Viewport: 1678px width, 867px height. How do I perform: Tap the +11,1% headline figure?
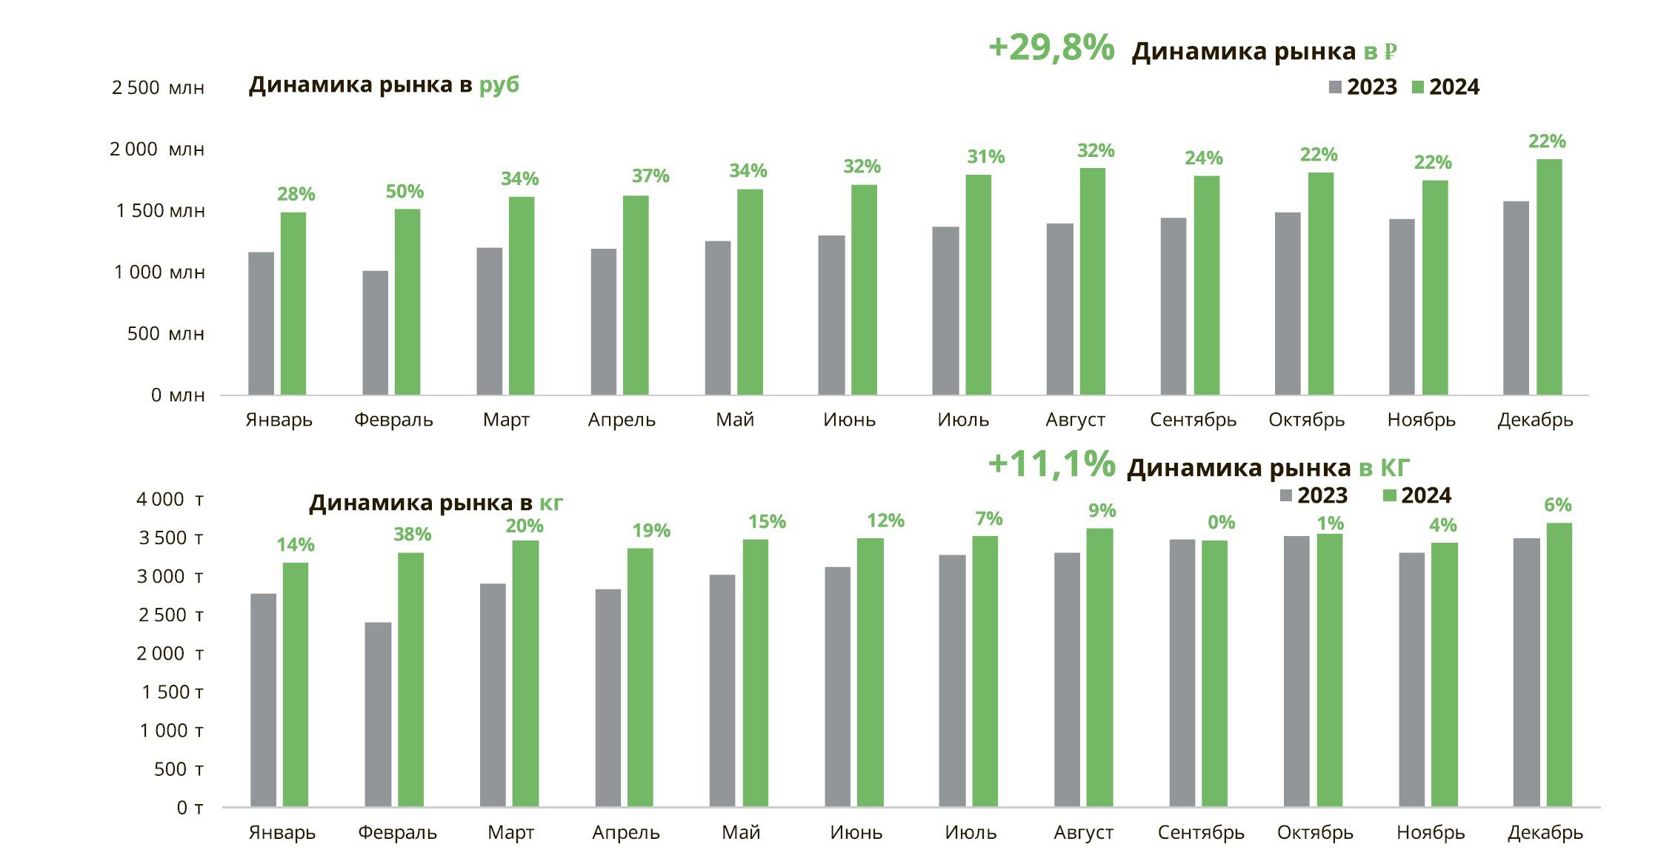coord(1051,464)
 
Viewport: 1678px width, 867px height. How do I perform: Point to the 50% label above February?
coord(404,192)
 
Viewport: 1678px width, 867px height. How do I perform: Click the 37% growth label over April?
coord(650,176)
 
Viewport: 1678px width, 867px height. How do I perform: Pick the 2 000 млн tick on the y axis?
coord(156,150)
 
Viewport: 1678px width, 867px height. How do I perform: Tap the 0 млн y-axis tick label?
coord(178,395)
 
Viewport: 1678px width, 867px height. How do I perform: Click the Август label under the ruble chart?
coord(1075,420)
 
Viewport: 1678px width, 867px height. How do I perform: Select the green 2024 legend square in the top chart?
coord(1418,87)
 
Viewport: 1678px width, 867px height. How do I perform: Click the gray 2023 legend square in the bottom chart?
coord(1286,495)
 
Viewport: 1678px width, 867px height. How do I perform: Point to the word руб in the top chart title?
coord(499,85)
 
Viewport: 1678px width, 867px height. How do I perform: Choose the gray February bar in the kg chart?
coord(378,714)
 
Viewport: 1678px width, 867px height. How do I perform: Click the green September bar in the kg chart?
coord(1214,673)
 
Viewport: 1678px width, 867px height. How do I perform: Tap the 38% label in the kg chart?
coord(412,535)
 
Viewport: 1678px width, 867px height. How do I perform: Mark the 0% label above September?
coord(1221,523)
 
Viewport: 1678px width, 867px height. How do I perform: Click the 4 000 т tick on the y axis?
coord(169,500)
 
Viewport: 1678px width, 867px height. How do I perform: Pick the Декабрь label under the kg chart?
coord(1545,833)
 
